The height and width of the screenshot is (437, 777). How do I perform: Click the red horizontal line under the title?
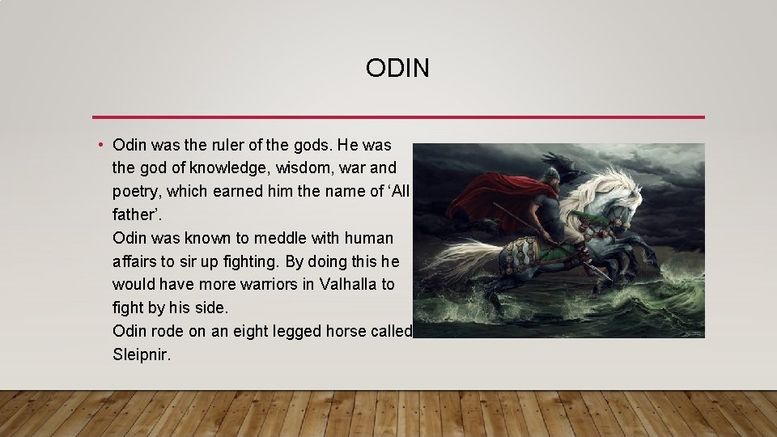[397, 117]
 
